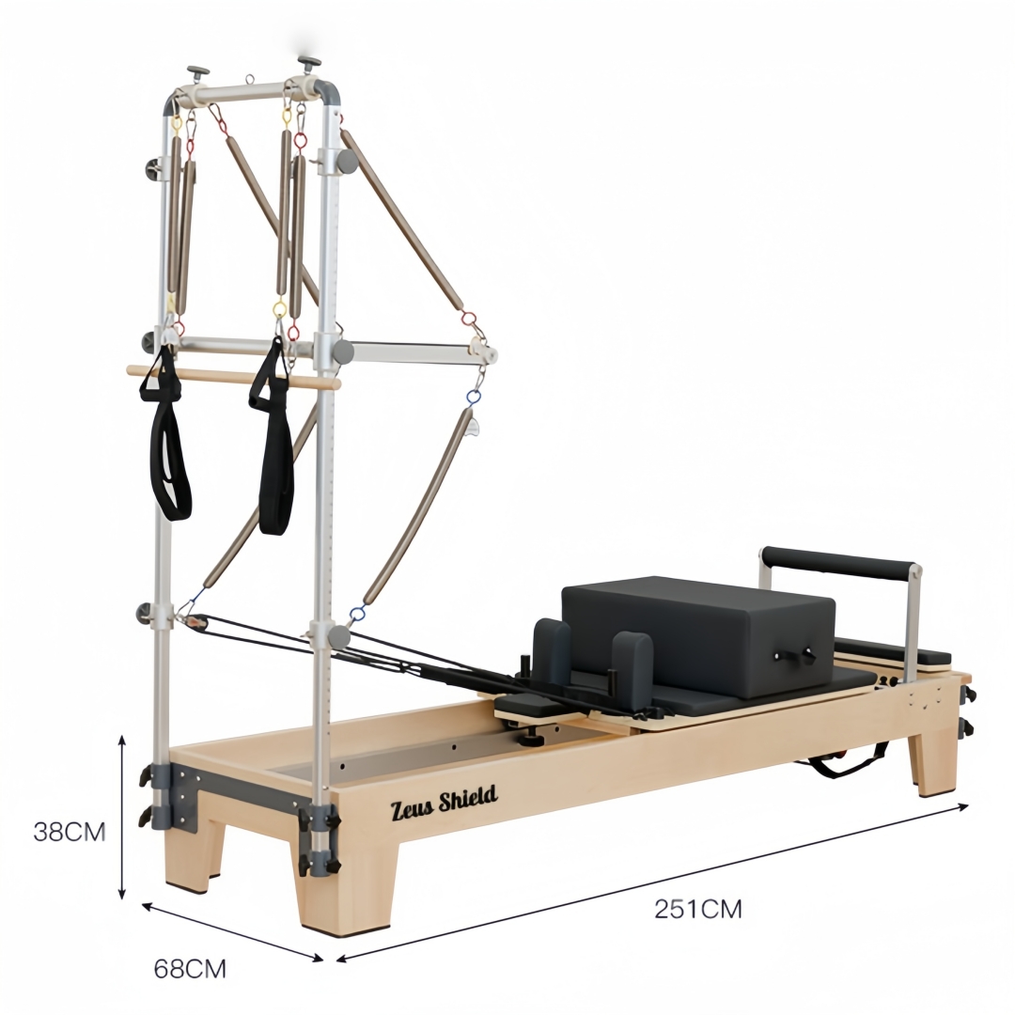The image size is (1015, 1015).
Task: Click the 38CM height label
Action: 70,832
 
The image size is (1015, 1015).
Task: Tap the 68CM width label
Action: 190,968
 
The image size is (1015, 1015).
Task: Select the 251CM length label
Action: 697,909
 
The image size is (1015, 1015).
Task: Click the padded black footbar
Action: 839,562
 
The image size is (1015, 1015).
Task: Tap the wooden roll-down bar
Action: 233,378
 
